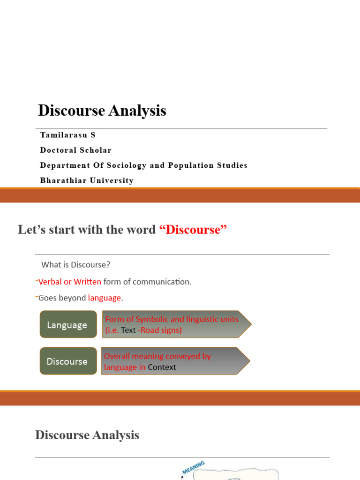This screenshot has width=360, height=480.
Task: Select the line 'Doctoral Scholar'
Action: pyautogui.click(x=76, y=150)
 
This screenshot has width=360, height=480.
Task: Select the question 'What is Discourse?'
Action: pyautogui.click(x=76, y=265)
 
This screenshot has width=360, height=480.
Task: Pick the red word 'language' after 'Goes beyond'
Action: pyautogui.click(x=105, y=298)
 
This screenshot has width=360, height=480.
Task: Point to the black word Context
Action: pyautogui.click(x=162, y=367)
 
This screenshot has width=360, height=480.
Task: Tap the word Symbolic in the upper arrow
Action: pyautogui.click(x=152, y=319)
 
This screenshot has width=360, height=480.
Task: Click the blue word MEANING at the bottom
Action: pyautogui.click(x=193, y=468)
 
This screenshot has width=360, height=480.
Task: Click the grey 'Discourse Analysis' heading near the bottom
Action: pyautogui.click(x=87, y=435)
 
